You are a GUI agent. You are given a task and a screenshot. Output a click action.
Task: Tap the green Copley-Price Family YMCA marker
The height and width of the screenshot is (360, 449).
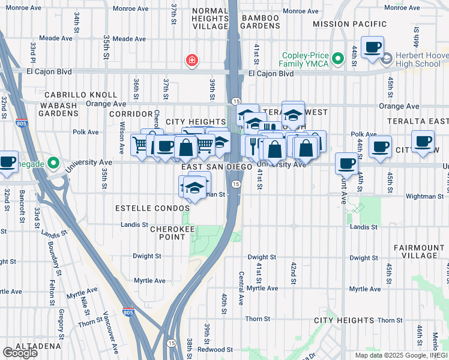[x=338, y=59]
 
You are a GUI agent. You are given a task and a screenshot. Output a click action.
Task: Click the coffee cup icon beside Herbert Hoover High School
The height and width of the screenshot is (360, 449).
[x=372, y=47]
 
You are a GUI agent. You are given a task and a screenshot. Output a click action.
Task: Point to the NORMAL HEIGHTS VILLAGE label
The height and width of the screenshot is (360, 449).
[x=209, y=19]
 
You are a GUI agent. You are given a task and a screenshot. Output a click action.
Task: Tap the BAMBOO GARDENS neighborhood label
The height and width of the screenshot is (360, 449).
[x=261, y=22]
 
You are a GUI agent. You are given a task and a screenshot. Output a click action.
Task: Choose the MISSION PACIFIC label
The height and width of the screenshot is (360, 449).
[x=350, y=24]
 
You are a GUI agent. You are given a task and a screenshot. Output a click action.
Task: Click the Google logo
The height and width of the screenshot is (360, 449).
[x=20, y=353]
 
